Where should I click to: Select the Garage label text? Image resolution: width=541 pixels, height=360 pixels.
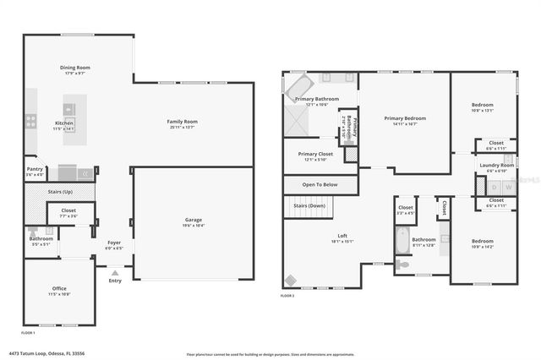(193, 220)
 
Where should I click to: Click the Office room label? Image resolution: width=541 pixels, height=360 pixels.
(59, 288)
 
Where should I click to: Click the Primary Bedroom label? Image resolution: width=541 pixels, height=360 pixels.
(405, 118)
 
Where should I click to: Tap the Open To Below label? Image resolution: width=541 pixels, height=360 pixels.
(320, 184)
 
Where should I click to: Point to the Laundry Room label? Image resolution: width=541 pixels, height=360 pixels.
(495, 165)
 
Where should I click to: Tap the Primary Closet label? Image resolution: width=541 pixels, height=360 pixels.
(315, 154)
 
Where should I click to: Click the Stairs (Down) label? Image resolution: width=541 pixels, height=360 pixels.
(309, 205)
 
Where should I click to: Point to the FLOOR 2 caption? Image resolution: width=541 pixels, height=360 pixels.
(288, 296)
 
